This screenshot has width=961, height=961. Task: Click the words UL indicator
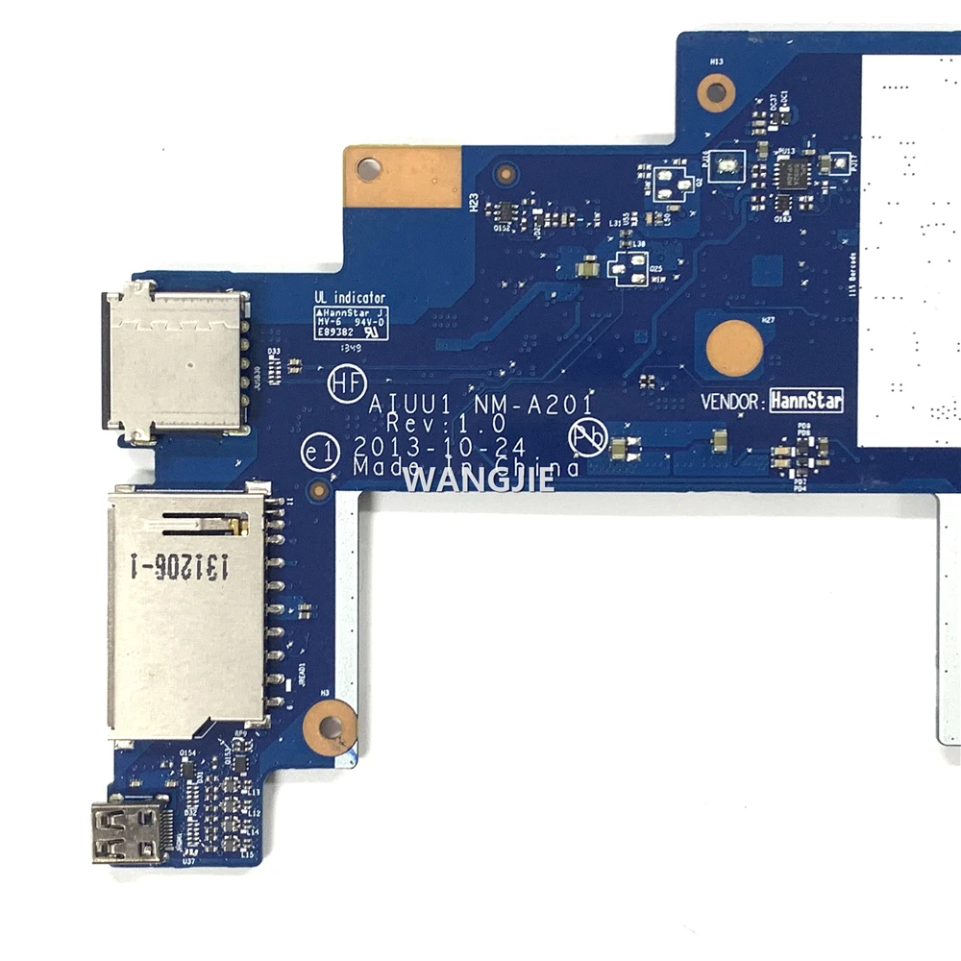(x=350, y=299)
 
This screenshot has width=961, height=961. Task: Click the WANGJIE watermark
(x=478, y=478)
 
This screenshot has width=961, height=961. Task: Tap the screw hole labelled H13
(x=715, y=93)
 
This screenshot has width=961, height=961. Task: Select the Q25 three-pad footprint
(x=632, y=269)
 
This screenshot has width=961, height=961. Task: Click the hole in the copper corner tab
(x=366, y=170)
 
